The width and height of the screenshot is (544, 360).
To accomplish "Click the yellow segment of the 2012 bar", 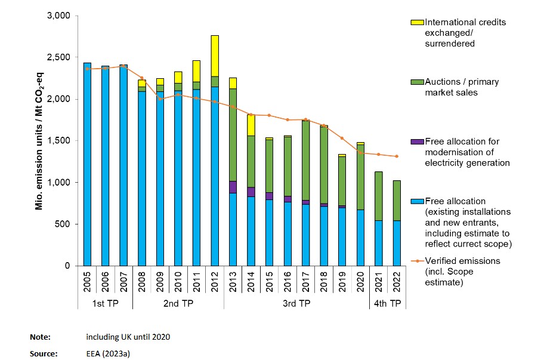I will click(215, 56).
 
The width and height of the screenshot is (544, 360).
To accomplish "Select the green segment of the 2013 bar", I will click(233, 134).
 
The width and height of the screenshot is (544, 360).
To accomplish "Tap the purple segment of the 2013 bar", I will click(233, 187).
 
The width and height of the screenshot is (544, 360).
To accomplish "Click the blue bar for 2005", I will click(87, 164).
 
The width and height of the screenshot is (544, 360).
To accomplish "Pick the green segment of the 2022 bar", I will click(398, 201).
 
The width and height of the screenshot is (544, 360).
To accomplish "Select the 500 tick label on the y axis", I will click(64, 224).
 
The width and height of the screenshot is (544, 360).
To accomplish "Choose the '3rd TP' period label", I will click(296, 304).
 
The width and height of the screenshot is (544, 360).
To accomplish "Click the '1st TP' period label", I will click(106, 304).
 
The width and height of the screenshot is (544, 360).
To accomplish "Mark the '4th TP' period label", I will click(388, 304).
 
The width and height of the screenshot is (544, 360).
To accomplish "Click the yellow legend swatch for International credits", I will click(418, 23).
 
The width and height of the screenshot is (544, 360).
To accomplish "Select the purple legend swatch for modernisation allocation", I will click(418, 141).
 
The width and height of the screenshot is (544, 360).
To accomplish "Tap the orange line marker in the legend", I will click(418, 261).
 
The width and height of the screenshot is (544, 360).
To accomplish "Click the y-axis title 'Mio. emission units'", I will click(39, 140).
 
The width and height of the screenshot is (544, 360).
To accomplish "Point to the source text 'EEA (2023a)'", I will click(108, 353).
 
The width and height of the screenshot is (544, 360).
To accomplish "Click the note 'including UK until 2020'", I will click(128, 337).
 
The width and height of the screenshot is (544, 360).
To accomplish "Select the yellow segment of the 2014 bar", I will click(252, 125).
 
